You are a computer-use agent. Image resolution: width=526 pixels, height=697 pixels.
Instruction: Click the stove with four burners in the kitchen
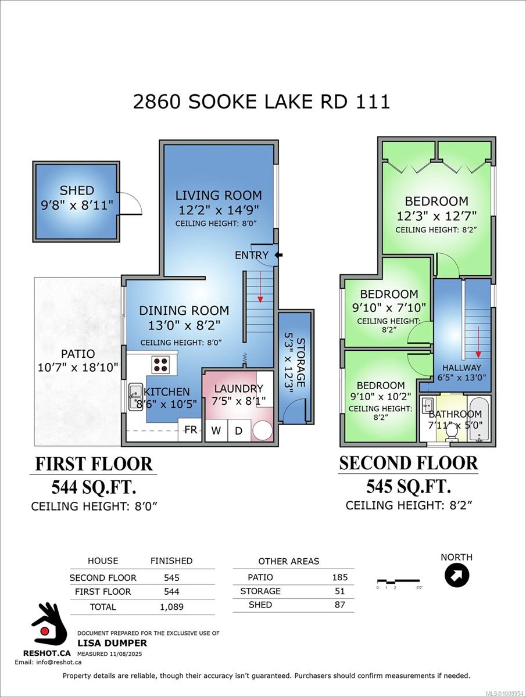160,365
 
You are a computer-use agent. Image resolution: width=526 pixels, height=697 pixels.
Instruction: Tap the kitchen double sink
135,397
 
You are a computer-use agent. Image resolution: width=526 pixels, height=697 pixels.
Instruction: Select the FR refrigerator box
190,430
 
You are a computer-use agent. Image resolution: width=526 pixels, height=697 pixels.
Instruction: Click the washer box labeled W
216,430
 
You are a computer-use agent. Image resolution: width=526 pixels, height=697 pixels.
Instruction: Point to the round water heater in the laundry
262,431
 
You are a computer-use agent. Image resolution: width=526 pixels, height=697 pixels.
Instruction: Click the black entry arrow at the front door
278,254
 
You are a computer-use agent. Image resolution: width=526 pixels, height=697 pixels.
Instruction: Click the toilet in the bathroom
451,433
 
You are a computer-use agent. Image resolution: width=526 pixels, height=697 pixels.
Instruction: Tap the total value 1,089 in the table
171,607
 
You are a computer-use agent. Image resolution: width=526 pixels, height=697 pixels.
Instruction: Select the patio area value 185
340,577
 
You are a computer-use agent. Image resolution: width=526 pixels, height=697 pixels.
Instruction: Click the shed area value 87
339,605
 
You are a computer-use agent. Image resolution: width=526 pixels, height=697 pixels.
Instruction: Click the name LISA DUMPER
112,643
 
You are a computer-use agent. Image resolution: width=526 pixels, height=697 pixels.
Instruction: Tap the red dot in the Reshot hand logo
45,631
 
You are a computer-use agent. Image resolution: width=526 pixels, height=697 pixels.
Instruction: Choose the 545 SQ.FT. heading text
409,486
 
